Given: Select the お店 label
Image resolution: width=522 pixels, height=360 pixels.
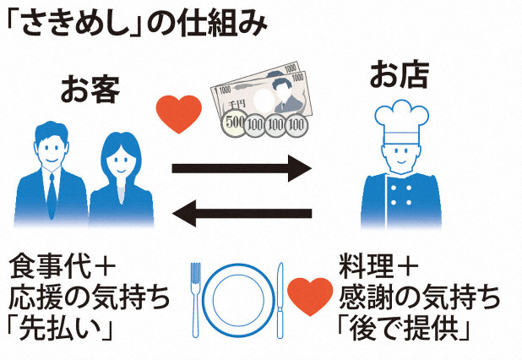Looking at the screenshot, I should (399, 75).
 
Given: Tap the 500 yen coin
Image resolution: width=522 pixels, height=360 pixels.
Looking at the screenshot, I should (234, 124).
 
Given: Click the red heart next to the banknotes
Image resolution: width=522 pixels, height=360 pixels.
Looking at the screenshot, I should (179, 115).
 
